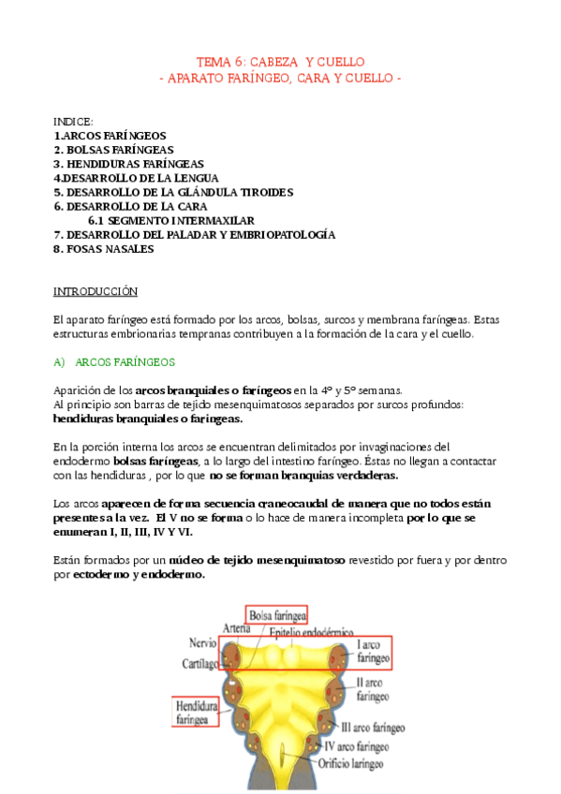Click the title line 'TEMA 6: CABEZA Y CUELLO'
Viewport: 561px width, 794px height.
click(280, 62)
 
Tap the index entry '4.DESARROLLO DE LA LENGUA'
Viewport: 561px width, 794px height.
click(136, 178)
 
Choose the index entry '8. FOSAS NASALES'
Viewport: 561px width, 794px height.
click(103, 249)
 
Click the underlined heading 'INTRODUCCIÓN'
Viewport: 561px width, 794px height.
click(95, 291)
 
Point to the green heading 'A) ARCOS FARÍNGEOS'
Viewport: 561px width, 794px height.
click(121, 361)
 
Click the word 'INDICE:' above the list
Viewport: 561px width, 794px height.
click(73, 122)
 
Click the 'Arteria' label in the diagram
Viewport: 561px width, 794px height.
click(238, 628)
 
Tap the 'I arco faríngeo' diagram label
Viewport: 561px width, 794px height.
click(363, 653)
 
